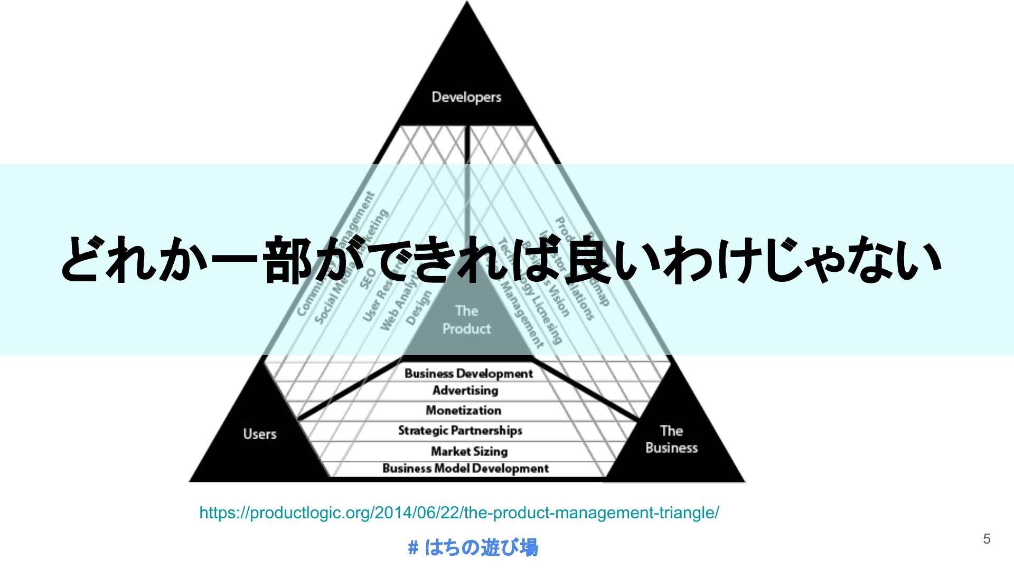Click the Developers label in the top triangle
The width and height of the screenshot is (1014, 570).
pyautogui.click(x=466, y=97)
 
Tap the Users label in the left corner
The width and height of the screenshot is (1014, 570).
pyautogui.click(x=260, y=434)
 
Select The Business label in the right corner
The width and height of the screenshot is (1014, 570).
pyautogui.click(x=671, y=439)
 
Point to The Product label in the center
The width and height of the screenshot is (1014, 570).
pyautogui.click(x=466, y=320)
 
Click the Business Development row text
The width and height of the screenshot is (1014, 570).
pyautogui.click(x=468, y=374)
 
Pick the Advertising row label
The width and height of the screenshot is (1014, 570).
pyautogui.click(x=465, y=391)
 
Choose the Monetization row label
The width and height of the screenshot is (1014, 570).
pyautogui.click(x=463, y=410)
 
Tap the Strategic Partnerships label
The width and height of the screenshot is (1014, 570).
pyautogui.click(x=460, y=431)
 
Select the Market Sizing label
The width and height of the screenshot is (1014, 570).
pyautogui.click(x=469, y=451)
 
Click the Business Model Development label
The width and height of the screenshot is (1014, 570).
pyautogui.click(x=465, y=469)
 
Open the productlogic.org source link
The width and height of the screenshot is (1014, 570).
pyautogui.click(x=459, y=512)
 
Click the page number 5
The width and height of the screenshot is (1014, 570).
pyautogui.click(x=987, y=539)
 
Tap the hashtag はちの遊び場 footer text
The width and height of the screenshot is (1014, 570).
pyautogui.click(x=473, y=548)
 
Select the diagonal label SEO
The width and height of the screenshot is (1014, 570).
pyautogui.click(x=368, y=279)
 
